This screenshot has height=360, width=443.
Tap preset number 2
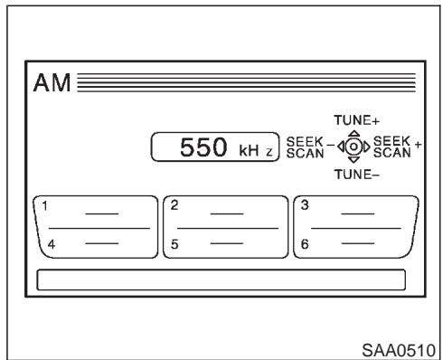[x=174, y=204]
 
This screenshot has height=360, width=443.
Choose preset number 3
[x=306, y=204]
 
